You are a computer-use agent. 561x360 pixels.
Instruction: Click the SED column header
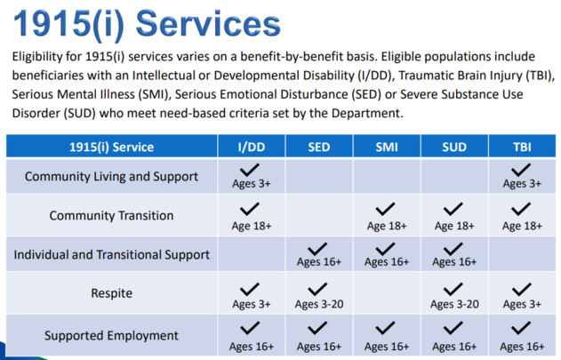tap(319, 147)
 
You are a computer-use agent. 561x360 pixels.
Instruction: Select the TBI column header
tap(522, 147)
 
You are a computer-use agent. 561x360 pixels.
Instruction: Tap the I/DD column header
tap(252, 147)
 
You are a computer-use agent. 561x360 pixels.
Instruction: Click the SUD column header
tap(454, 147)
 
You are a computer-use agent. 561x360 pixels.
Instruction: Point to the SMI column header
tap(387, 147)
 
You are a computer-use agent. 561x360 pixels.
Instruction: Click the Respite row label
tap(112, 293)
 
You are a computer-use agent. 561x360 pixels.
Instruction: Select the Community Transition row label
tap(112, 215)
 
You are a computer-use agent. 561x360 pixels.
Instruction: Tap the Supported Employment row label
tap(111, 336)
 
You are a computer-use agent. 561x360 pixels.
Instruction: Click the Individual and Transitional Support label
tap(112, 254)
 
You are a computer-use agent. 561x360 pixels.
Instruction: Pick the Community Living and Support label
tap(111, 176)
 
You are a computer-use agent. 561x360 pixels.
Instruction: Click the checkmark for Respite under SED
tap(317, 289)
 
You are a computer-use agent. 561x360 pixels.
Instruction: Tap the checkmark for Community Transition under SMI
tap(385, 209)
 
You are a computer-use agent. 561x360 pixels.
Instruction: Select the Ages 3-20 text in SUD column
tap(454, 304)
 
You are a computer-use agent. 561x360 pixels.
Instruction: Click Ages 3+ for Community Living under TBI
tap(522, 184)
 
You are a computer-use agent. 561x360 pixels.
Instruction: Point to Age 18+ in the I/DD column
tap(252, 226)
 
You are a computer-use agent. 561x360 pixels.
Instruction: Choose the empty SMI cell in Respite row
tap(387, 293)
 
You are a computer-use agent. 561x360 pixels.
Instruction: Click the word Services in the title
tap(208, 24)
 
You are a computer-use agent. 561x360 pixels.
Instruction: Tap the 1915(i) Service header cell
tap(112, 147)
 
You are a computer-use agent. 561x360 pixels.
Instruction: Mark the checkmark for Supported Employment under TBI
tap(521, 328)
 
